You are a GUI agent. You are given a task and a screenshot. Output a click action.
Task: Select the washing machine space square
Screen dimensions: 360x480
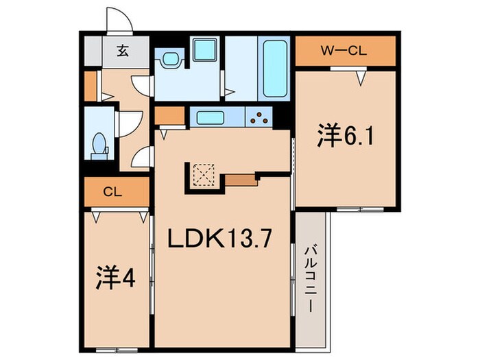pyautogui.click(x=203, y=49)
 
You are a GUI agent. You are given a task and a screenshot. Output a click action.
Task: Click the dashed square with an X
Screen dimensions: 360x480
pyautogui.click(x=202, y=175)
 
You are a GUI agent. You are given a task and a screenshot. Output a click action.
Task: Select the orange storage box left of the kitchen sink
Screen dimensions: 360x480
pyautogui.click(x=167, y=115)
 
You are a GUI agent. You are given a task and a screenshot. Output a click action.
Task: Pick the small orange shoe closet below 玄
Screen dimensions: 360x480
pyautogui.click(x=91, y=83)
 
